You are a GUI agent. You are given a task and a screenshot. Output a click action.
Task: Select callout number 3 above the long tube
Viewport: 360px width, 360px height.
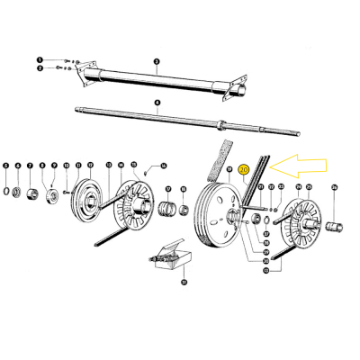pos(156,61)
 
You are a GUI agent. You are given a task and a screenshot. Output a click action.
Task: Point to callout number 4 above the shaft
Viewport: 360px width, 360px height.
pos(156,103)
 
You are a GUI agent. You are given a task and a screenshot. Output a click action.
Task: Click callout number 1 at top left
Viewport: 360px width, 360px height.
pos(40,59)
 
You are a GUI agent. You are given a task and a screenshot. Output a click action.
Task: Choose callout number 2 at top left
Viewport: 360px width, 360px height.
pos(40,68)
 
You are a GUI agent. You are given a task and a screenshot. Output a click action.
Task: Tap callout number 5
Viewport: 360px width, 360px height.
pos(5,165)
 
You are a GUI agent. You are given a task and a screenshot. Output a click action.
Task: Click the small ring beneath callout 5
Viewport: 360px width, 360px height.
pos(6,191)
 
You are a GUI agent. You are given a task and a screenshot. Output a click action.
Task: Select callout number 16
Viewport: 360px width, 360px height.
pos(164,166)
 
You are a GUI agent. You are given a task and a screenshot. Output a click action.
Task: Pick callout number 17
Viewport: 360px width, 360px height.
pos(166,188)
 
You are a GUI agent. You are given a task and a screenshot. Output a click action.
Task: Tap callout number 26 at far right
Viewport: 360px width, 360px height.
pos(334,187)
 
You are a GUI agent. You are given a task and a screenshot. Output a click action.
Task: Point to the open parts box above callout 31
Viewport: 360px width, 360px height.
pos(170,259)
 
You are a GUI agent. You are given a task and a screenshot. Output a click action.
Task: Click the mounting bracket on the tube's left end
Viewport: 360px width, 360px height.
pos(84,71)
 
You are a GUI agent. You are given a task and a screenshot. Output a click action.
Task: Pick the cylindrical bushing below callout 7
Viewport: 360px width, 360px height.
pos(31,193)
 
